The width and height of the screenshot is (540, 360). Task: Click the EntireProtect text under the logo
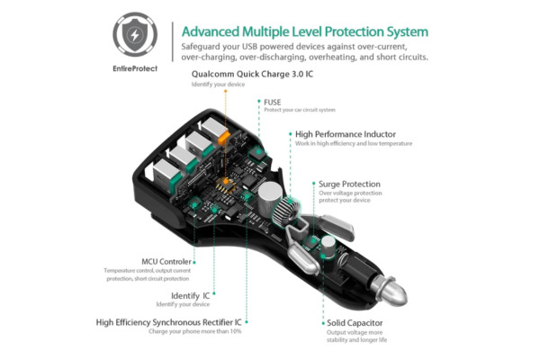[x=135, y=67]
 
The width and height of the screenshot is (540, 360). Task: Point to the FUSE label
[x=273, y=103]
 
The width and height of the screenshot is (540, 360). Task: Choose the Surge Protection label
[x=349, y=184]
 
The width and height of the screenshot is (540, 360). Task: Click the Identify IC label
[x=191, y=295]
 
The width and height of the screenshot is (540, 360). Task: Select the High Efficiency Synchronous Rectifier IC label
[x=169, y=321]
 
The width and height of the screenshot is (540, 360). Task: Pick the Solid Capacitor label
[x=355, y=321]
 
